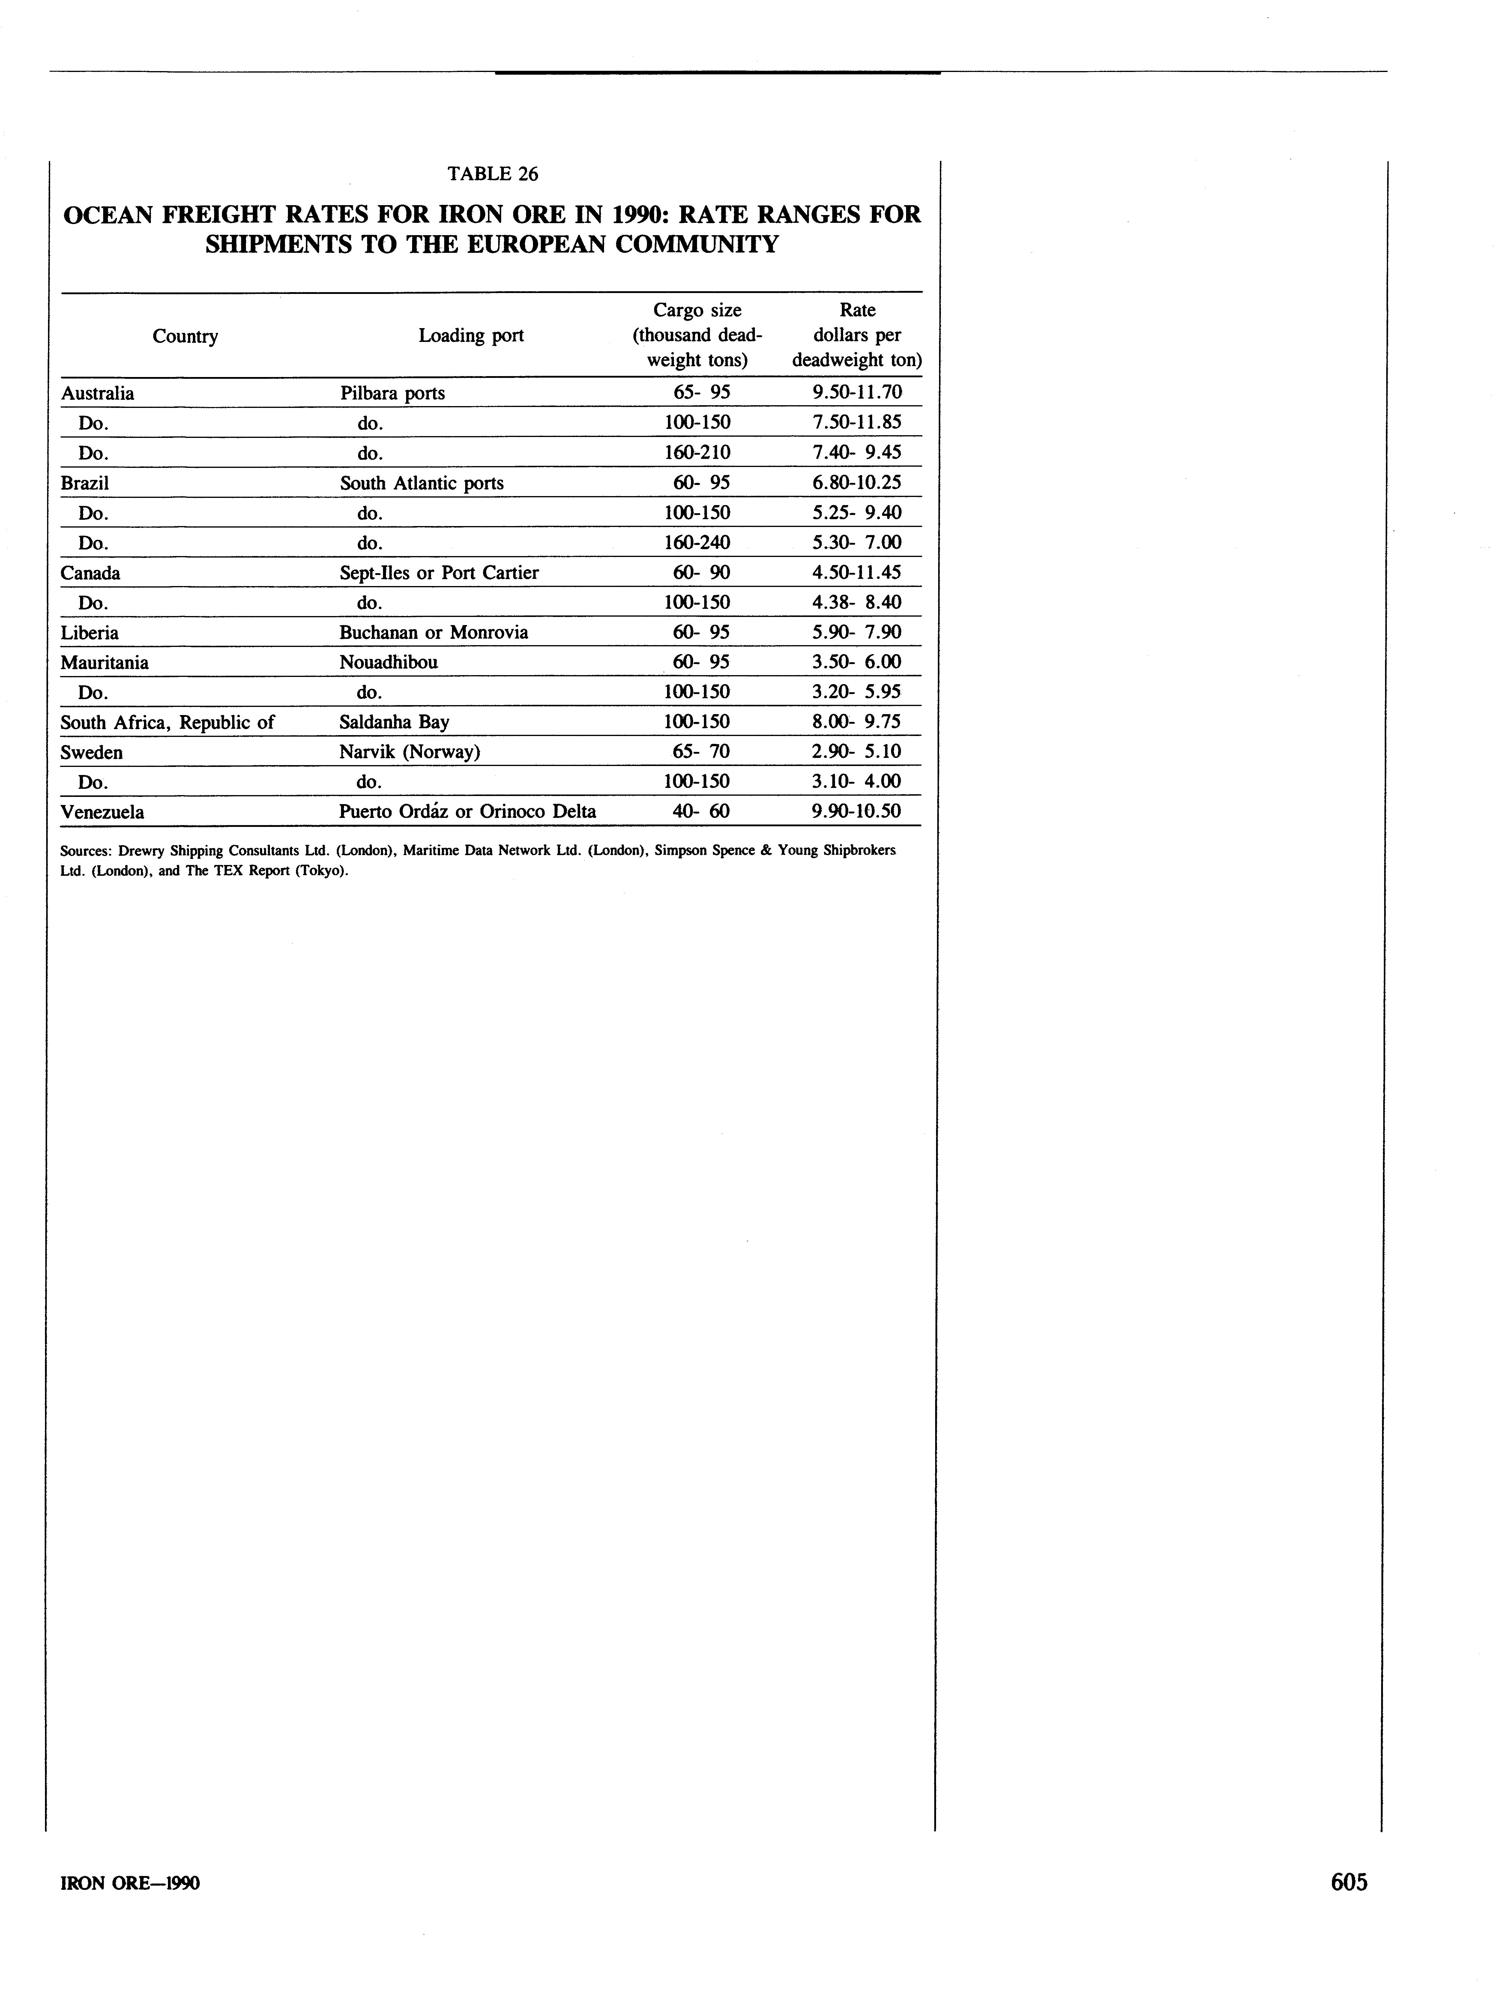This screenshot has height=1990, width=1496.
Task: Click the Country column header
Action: pyautogui.click(x=185, y=337)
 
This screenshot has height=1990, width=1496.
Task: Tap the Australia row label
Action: pyautogui.click(x=97, y=393)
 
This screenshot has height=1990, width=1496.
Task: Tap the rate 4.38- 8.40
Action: pyautogui.click(x=855, y=602)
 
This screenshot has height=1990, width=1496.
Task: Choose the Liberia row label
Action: pyautogui.click(x=89, y=633)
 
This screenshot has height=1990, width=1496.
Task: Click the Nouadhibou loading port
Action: pyautogui.click(x=389, y=662)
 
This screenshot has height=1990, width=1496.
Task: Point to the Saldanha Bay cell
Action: pyautogui.click(x=394, y=722)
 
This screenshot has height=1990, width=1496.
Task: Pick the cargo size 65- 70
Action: pyautogui.click(x=701, y=751)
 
